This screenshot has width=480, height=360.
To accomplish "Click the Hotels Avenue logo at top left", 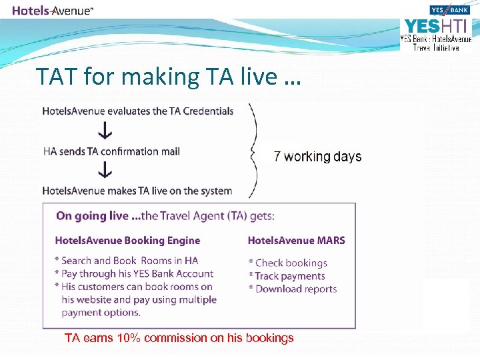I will [53, 10].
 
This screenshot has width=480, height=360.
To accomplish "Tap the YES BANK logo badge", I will [450, 10].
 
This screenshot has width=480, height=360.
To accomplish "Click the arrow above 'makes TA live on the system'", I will [104, 171].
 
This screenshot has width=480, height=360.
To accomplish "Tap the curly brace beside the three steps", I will [253, 151].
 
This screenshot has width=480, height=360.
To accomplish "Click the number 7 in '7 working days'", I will [278, 157].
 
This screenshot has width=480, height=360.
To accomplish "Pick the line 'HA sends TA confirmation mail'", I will [111, 151].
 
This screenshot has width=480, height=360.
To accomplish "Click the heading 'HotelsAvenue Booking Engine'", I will [127, 240].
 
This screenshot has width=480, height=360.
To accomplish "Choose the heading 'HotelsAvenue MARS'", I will [297, 240].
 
